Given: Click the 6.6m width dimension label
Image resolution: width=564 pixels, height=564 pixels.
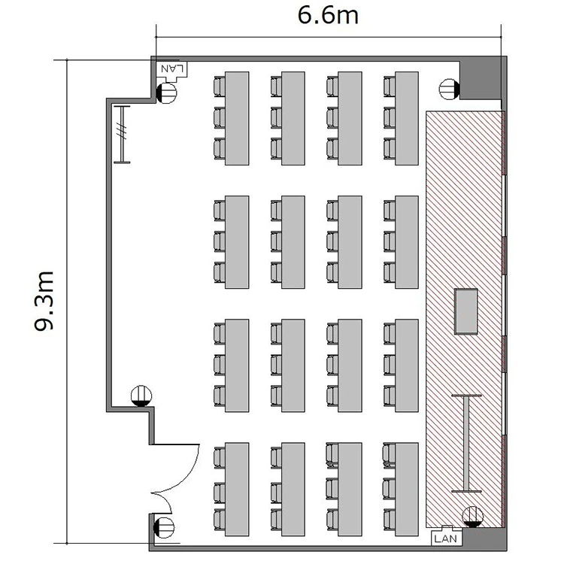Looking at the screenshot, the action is [328, 16].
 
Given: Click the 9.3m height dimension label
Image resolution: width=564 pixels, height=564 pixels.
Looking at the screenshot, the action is [44, 301].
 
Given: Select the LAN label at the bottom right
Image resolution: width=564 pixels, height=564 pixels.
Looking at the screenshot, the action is [446, 538].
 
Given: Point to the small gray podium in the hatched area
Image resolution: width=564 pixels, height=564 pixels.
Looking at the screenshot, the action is [465, 311].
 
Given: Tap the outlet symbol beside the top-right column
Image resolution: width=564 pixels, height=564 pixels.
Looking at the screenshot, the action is [450, 89].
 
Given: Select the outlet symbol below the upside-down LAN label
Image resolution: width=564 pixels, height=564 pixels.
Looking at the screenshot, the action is [166, 92].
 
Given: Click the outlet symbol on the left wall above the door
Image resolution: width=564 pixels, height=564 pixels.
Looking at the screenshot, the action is [141, 396].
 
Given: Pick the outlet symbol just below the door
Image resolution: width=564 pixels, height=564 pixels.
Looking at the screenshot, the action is [164, 528].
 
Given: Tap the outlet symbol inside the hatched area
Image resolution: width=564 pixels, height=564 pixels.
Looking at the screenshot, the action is [473, 517].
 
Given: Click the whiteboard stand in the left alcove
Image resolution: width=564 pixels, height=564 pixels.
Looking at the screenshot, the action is [122, 135].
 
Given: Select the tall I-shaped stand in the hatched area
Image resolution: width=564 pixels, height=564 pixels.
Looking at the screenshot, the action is [466, 443].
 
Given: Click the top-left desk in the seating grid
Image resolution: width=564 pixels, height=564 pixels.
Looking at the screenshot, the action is [237, 118].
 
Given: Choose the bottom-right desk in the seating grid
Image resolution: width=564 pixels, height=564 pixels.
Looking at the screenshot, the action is [406, 490].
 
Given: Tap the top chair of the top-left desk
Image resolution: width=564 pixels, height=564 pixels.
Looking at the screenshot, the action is [220, 86].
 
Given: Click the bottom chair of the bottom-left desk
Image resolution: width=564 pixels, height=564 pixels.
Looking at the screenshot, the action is [220, 520].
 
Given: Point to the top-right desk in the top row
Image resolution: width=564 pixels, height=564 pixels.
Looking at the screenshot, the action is [406, 118].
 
